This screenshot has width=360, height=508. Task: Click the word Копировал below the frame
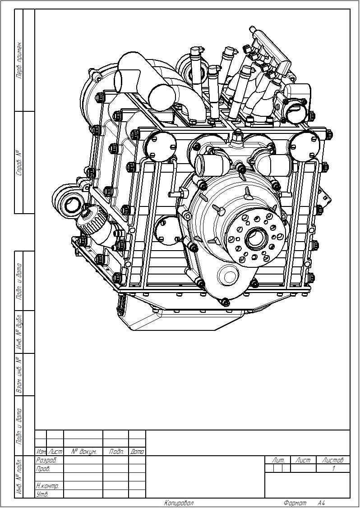(x=179, y=503)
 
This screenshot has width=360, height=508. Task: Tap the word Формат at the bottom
(x=295, y=503)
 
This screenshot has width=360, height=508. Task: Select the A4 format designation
(x=321, y=503)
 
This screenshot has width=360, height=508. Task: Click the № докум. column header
(x=83, y=451)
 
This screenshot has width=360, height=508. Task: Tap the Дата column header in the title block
(x=137, y=451)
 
